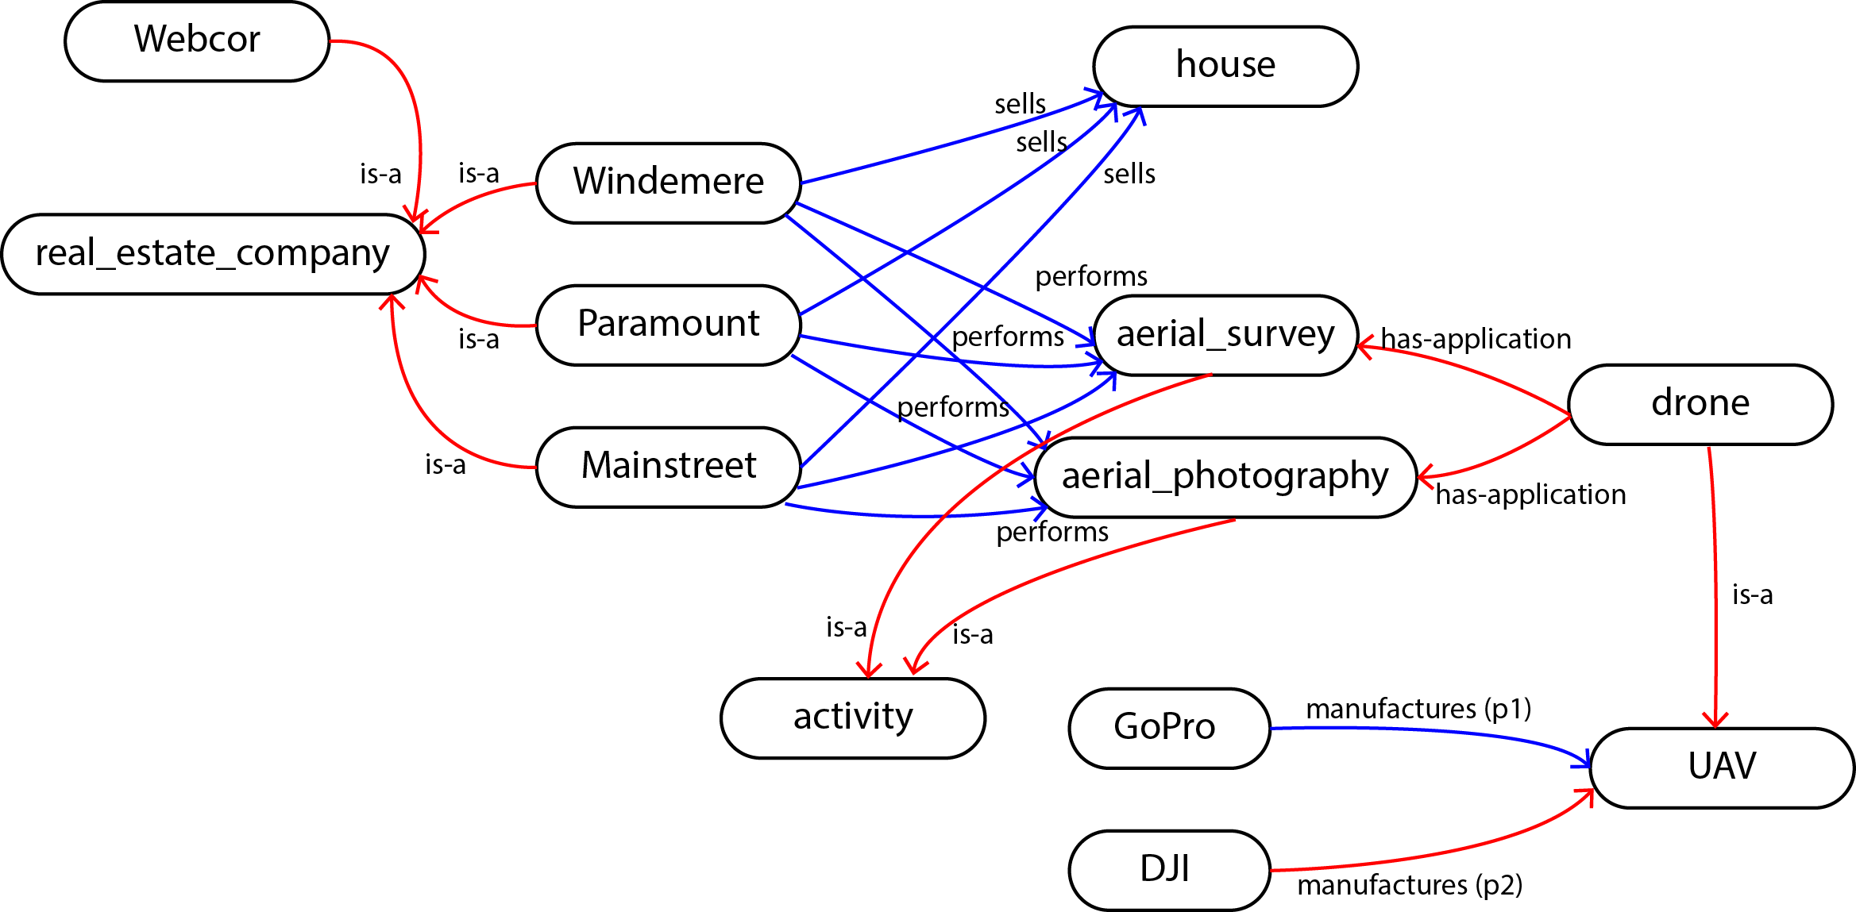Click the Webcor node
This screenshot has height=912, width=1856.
click(x=197, y=41)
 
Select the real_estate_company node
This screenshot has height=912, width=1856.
click(x=214, y=254)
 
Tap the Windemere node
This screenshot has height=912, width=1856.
click(x=669, y=183)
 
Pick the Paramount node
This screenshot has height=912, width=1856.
click(x=669, y=325)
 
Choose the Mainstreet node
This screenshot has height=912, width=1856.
click(x=669, y=468)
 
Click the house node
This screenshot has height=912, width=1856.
click(x=1225, y=67)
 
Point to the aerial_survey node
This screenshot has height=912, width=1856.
click(x=1225, y=335)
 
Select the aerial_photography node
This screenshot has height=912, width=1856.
click(x=1225, y=477)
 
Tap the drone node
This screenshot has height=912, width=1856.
click(x=1700, y=405)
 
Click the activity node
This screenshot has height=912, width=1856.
click(x=853, y=718)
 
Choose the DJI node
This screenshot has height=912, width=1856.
click(x=1169, y=871)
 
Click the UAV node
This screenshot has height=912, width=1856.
click(x=1722, y=768)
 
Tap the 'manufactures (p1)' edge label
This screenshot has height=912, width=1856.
click(x=1418, y=709)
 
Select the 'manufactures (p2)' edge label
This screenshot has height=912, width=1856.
click(x=1410, y=885)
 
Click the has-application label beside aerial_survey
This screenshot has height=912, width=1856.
click(x=1476, y=339)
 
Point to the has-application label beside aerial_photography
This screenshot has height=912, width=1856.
click(x=1530, y=494)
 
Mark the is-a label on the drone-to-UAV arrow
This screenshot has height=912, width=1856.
click(x=1752, y=595)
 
